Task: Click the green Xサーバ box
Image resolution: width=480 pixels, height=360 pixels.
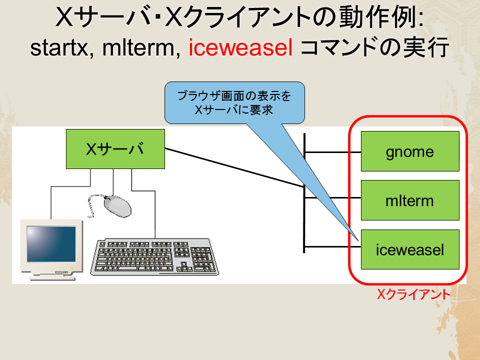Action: point(115,149)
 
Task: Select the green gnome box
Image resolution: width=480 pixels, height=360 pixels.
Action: point(410,151)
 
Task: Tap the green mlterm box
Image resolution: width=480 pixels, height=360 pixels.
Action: point(410,200)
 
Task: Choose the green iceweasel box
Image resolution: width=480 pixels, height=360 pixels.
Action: point(410,249)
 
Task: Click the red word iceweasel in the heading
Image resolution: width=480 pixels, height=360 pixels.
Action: point(240,47)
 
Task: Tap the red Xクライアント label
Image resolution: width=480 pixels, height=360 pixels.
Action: point(413,294)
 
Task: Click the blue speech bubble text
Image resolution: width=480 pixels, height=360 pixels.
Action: point(234,103)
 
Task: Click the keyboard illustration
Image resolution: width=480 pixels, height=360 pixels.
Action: point(154,257)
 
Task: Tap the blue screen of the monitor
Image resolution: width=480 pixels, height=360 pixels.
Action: point(51,244)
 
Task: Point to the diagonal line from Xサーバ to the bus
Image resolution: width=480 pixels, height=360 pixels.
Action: point(234,167)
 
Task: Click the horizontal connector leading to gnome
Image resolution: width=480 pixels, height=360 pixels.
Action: point(333,152)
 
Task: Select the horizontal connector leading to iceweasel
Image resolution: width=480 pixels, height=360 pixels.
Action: point(333,246)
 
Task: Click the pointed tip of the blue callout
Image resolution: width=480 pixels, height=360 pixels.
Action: point(358,240)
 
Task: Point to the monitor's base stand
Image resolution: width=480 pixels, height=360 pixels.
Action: point(52,277)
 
